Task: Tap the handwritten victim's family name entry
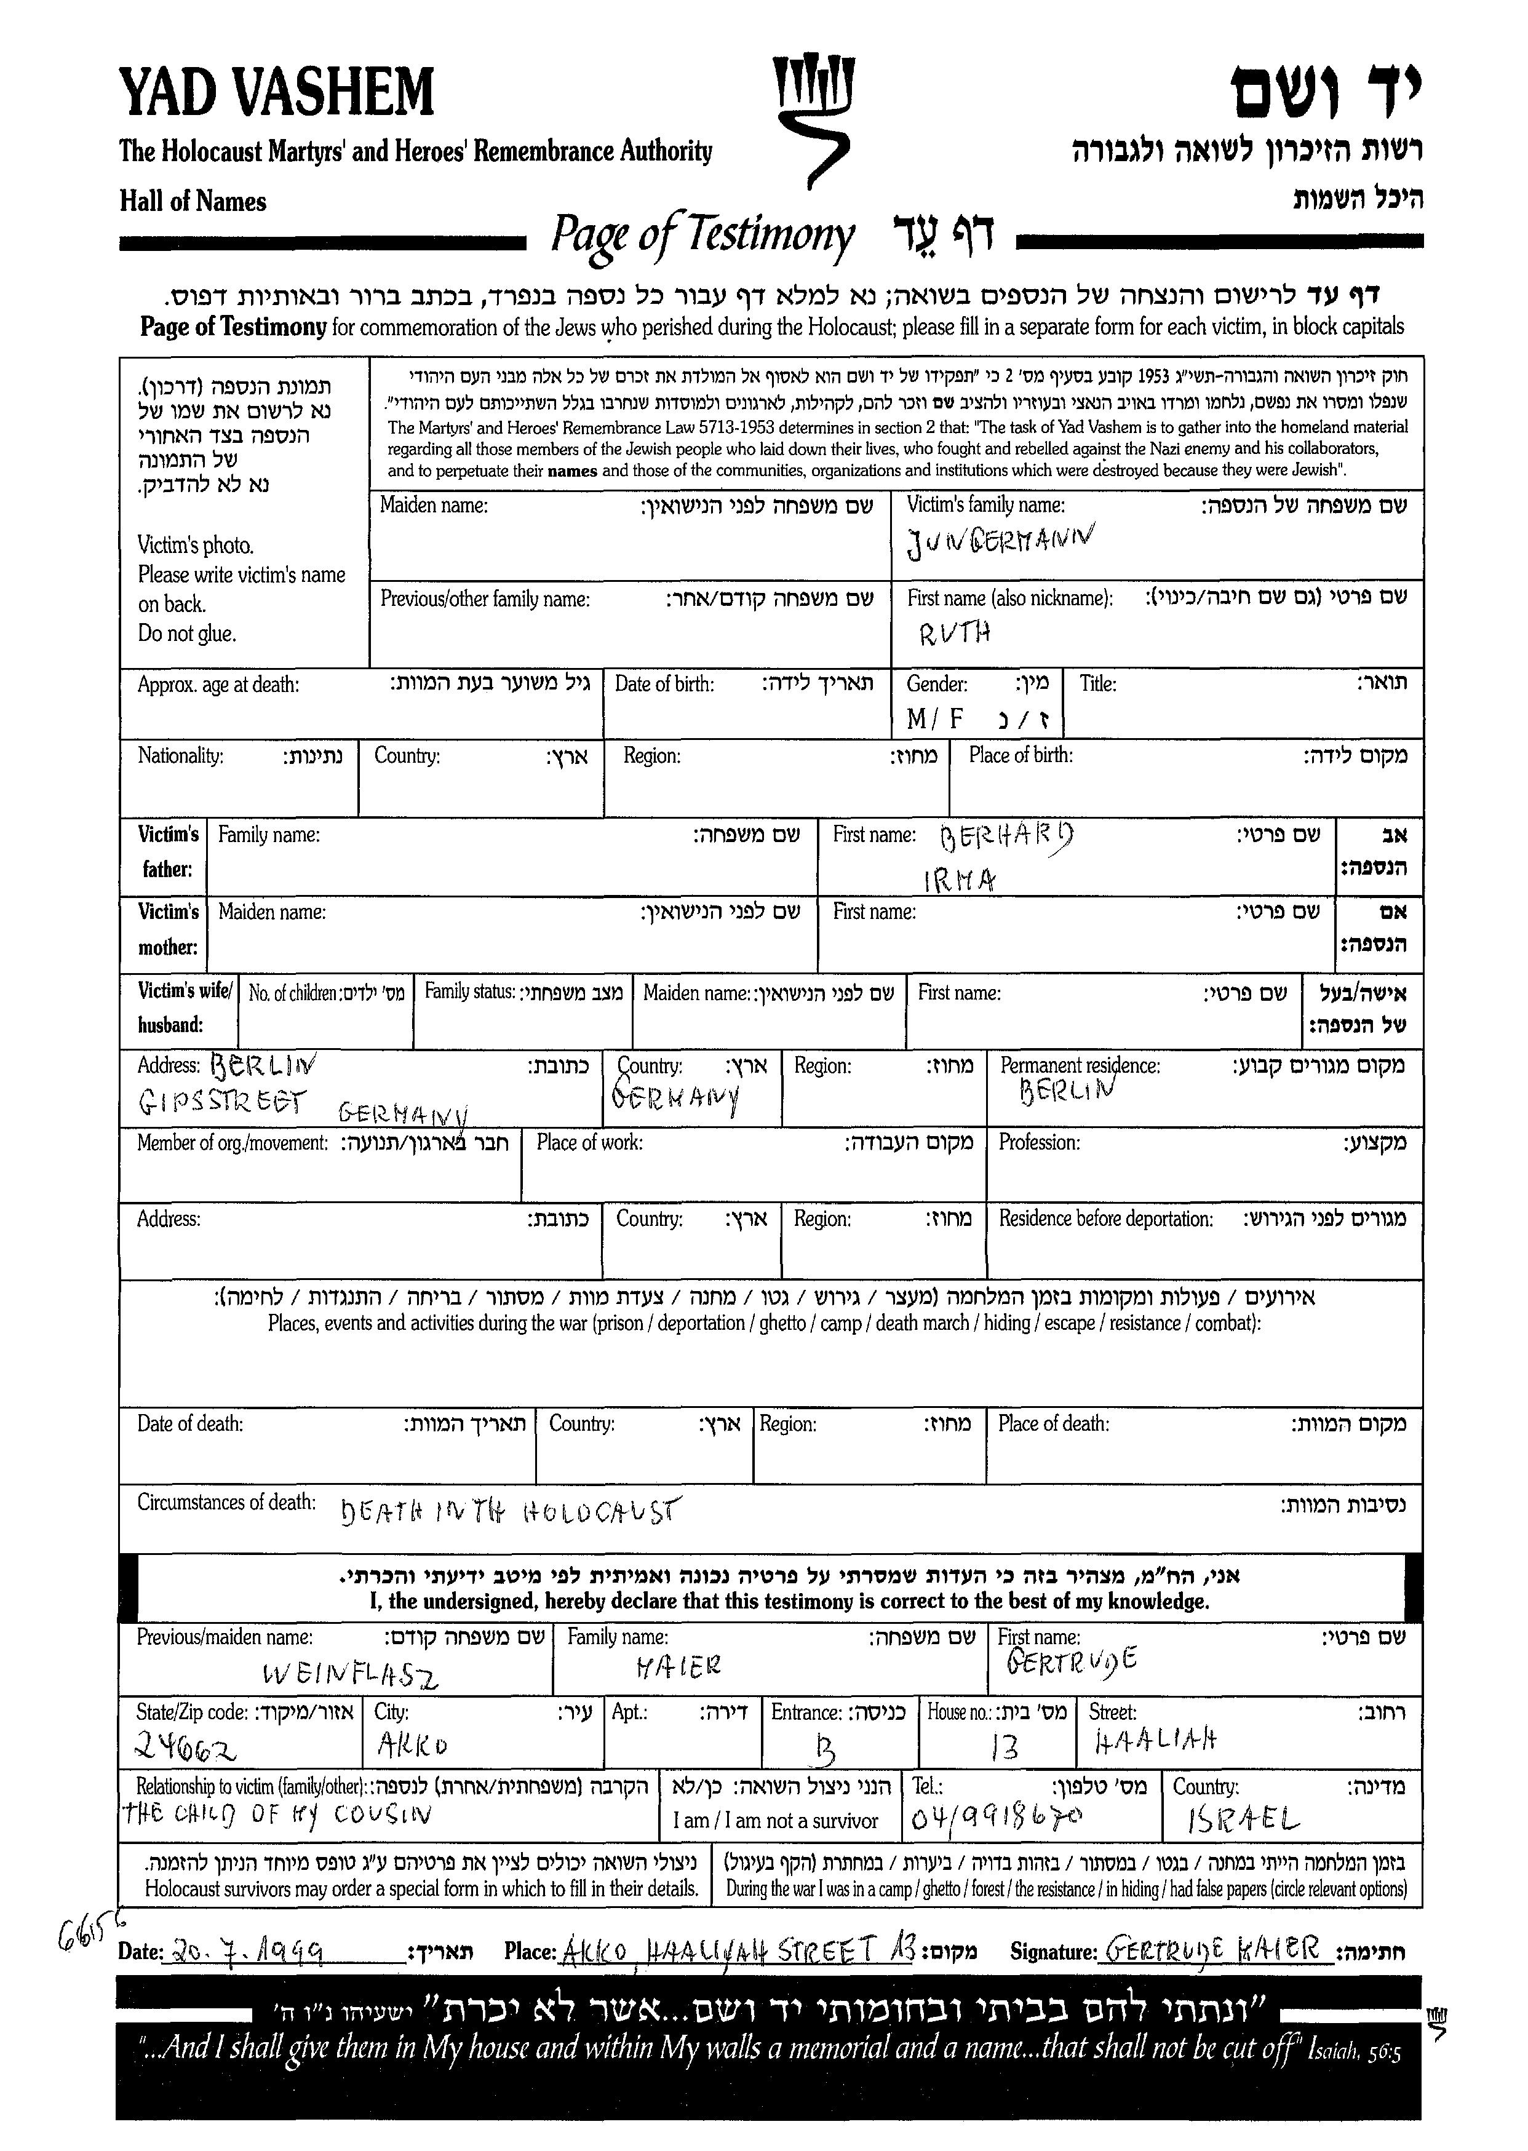pos(1000,541)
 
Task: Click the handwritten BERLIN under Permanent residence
pos(1066,1092)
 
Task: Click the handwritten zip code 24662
pos(186,1747)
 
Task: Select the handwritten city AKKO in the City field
pos(412,1746)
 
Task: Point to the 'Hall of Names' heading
pos(193,201)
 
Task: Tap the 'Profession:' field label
pos(1039,1142)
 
